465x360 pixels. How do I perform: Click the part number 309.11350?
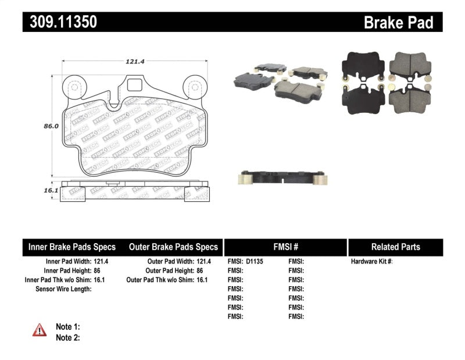(x=60, y=23)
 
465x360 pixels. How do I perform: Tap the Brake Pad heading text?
(x=398, y=23)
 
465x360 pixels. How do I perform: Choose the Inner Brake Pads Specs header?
(x=72, y=247)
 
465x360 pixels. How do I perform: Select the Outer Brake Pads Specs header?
(x=173, y=247)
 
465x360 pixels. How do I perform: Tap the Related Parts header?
(x=395, y=247)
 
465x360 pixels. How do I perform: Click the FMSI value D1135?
(x=254, y=262)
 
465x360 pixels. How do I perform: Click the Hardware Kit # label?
(x=371, y=262)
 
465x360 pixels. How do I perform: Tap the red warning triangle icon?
(x=40, y=330)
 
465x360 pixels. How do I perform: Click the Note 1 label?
(x=67, y=327)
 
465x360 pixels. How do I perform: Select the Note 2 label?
(x=67, y=337)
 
